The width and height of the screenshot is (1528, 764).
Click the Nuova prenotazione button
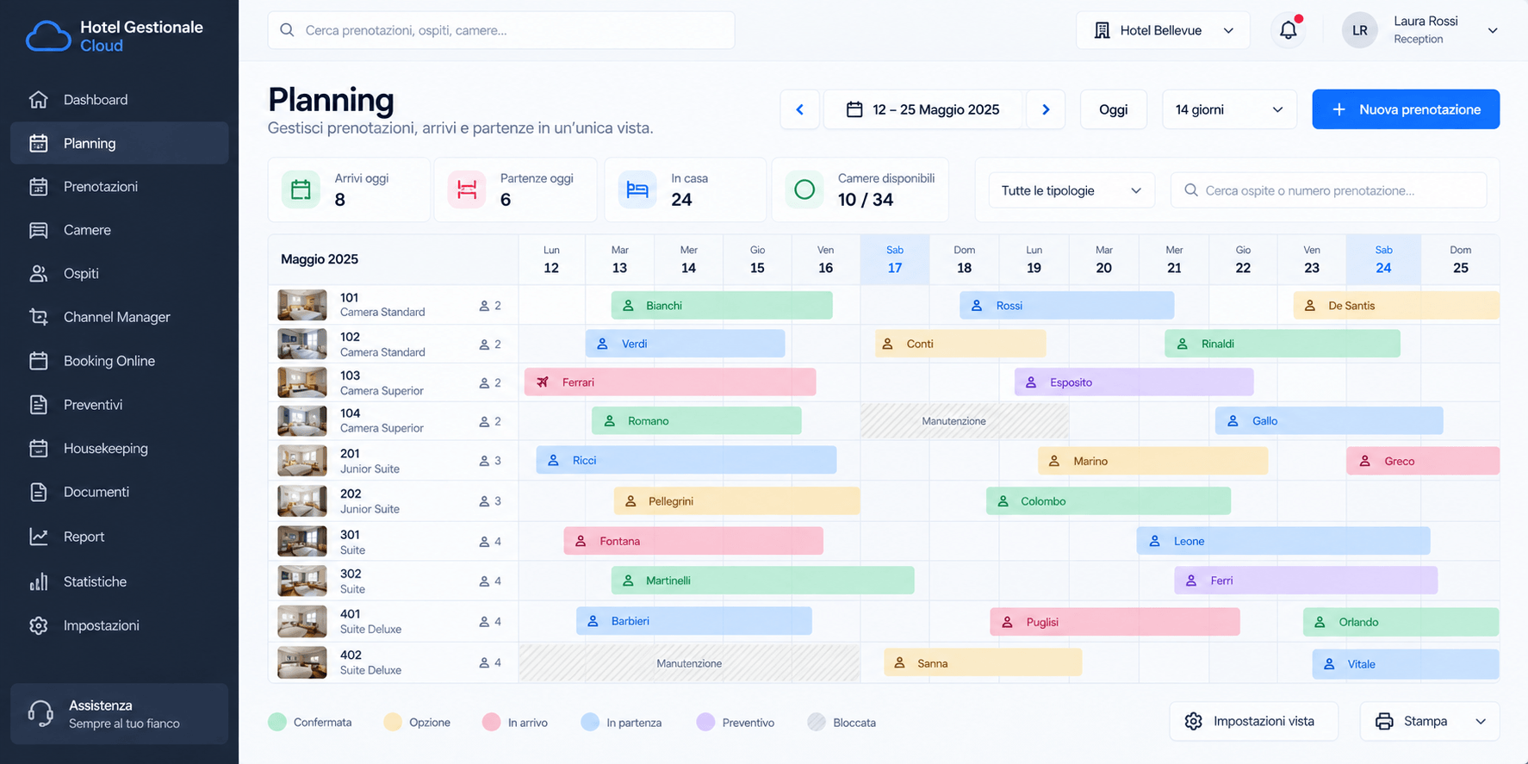[x=1406, y=109]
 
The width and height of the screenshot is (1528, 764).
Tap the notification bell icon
[x=1289, y=30]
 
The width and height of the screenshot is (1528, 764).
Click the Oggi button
[x=1113, y=109]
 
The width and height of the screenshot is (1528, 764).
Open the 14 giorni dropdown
[x=1229, y=109]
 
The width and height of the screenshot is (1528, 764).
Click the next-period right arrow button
[x=1046, y=109]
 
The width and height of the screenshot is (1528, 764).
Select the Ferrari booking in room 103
[x=670, y=382]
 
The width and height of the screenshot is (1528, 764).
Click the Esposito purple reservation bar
[x=1134, y=382]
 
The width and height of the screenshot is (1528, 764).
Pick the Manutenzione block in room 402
[x=689, y=663]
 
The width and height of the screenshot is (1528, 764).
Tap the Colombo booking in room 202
[x=1109, y=500]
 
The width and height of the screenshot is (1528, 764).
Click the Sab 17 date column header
[x=895, y=259]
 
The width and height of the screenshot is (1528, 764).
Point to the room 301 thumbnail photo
[x=302, y=541]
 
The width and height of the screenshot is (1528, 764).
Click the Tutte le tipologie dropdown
[x=1071, y=190]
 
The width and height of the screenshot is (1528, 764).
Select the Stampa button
[x=1430, y=721]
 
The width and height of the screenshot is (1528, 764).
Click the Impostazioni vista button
[x=1253, y=721]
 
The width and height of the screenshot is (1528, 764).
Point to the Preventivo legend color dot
[x=705, y=722]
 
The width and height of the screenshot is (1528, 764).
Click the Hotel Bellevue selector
[x=1163, y=30]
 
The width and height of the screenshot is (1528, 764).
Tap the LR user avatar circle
[x=1360, y=30]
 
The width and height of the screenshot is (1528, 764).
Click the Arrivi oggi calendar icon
[x=301, y=189]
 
